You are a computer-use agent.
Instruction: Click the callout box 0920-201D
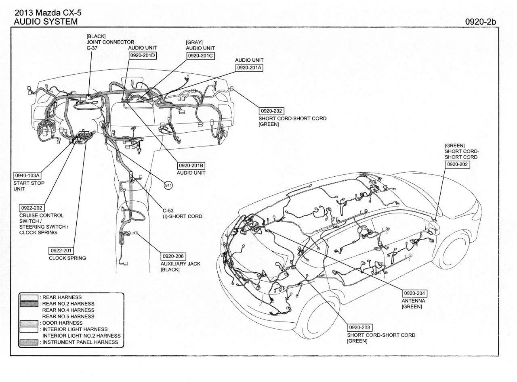click(143, 56)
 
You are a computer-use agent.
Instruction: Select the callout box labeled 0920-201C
click(200, 56)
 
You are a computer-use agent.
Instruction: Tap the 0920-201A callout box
click(249, 68)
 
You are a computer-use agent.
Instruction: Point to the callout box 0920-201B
click(191, 165)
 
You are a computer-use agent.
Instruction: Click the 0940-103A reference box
click(27, 175)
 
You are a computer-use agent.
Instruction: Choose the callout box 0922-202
click(32, 208)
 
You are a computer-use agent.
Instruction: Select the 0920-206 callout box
click(173, 256)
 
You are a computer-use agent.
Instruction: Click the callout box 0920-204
click(414, 293)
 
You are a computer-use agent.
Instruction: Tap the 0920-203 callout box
click(359, 327)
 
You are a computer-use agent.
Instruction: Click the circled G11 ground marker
click(168, 185)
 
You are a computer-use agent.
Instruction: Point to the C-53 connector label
click(168, 211)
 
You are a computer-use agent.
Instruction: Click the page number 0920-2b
click(480, 22)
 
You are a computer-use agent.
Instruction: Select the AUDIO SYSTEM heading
click(46, 22)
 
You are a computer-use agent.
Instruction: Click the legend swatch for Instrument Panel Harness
click(29, 342)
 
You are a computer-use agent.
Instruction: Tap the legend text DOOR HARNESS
click(62, 323)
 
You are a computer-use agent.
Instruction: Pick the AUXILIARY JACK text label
click(180, 264)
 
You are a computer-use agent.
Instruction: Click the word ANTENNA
click(413, 301)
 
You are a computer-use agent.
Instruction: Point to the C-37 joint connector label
click(92, 48)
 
